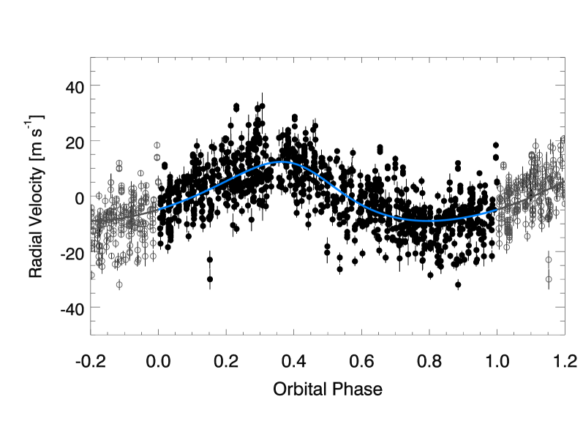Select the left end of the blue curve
tap(156, 210)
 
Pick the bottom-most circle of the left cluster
tap(119, 284)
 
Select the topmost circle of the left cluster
tap(157, 145)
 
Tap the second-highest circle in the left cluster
tap(157, 157)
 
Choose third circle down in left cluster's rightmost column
tap(158, 182)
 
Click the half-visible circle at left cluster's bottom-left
tap(91, 275)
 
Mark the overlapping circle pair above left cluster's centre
tap(119, 165)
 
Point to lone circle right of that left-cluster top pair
tap(140, 173)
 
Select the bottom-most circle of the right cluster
tap(549, 279)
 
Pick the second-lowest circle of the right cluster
tap(549, 259)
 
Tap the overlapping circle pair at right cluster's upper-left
tap(503, 166)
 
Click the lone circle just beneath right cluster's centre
tap(527, 236)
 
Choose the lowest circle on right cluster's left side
tap(506, 247)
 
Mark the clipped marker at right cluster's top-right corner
tap(563, 137)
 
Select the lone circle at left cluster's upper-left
tap(99, 196)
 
